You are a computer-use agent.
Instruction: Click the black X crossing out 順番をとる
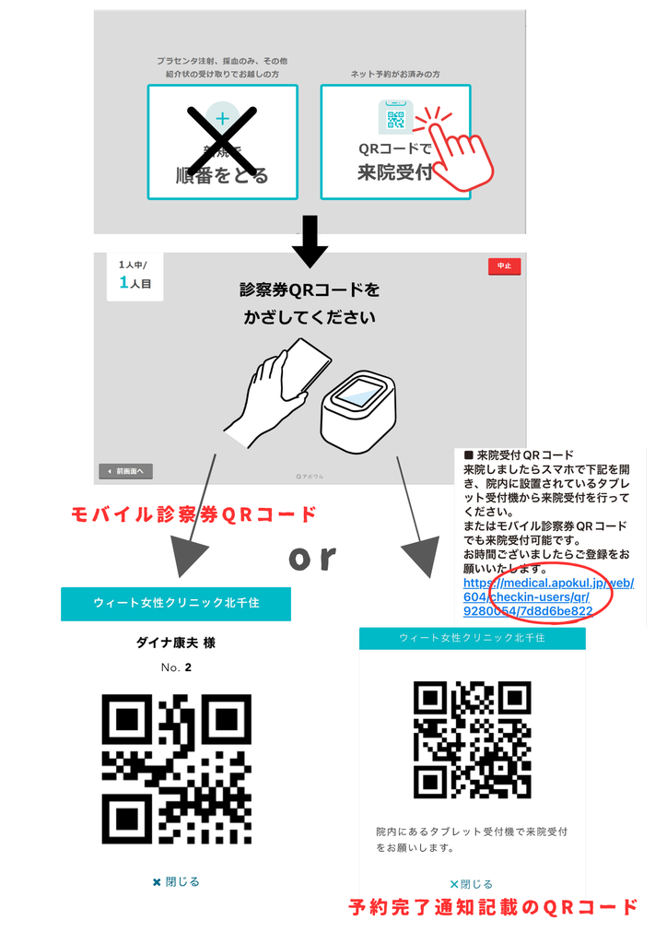pos(222,141)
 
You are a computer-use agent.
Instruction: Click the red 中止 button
pos(504,265)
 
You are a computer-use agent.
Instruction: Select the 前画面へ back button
pos(125,471)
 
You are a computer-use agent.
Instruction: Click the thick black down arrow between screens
pos(310,240)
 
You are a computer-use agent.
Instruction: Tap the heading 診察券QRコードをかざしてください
pos(310,303)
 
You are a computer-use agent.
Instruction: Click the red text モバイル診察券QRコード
pos(194,514)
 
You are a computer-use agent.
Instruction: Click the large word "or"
pos(311,557)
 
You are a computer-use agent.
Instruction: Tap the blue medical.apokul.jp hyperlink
pos(547,596)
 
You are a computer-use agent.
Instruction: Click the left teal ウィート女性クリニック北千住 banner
pos(176,603)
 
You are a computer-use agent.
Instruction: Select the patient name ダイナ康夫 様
pos(176,643)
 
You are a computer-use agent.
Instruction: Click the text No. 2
pos(176,667)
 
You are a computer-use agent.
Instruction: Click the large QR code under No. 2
pos(176,769)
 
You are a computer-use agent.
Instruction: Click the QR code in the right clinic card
pos(472,739)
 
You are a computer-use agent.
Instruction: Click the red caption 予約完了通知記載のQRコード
pos(493,906)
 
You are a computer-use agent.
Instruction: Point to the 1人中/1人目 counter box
pos(135,276)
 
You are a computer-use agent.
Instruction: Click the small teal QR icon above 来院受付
pos(395,119)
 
